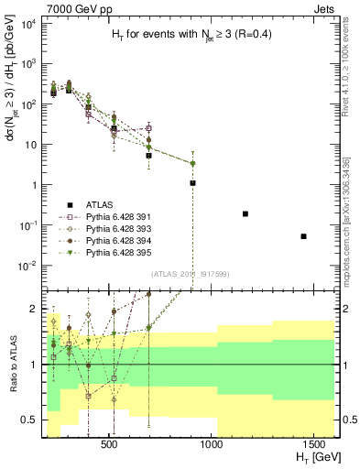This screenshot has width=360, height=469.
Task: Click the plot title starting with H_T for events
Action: (x=190, y=35)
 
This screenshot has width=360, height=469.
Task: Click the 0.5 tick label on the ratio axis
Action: (x=28, y=420)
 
